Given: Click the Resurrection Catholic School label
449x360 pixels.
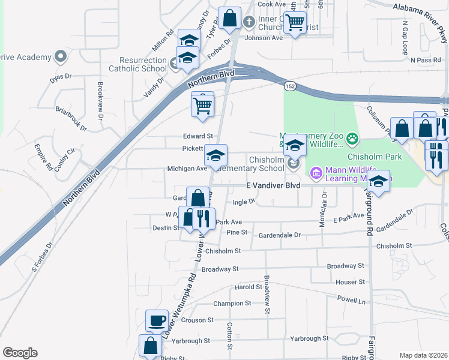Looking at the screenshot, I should coord(143,64).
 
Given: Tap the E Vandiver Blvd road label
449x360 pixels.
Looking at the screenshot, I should coord(271,186).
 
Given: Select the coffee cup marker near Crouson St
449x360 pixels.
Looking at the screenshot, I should coord(157,320).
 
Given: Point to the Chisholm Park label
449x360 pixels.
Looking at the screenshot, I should coord(366,157).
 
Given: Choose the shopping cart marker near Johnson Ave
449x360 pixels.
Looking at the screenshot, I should coord(294,23).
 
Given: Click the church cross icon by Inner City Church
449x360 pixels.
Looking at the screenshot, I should coord(249,23).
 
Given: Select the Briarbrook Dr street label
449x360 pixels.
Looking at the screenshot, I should coord(71,120).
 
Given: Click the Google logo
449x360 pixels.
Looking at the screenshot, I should coord(20,353).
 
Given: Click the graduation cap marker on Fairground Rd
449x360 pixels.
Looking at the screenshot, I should coord(378,181).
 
